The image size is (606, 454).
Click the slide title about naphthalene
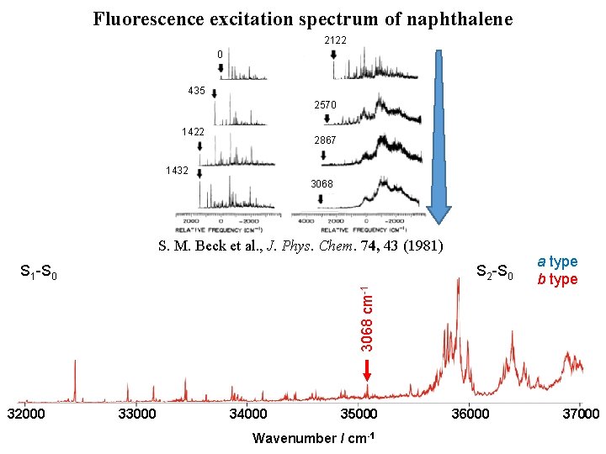(302, 18)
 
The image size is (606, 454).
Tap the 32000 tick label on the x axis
(26, 414)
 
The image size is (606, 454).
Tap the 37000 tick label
(580, 414)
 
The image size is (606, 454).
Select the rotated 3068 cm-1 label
(367, 319)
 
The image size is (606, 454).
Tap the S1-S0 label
(38, 272)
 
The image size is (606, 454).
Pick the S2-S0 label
(495, 272)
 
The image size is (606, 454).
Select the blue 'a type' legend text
(558, 262)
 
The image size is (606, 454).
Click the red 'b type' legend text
(558, 279)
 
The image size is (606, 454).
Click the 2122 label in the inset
(335, 40)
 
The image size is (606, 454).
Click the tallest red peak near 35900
(457, 282)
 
